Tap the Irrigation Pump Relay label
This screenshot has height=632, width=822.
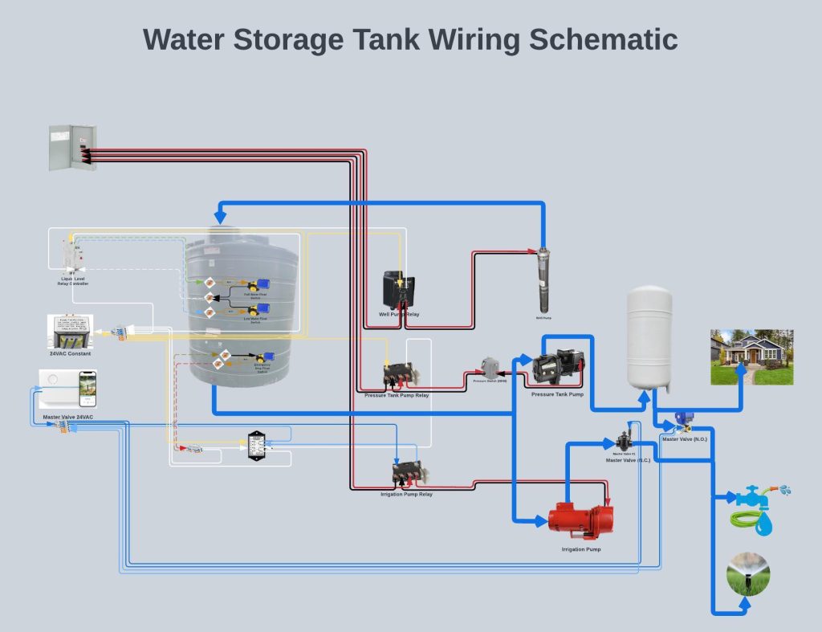click(406, 495)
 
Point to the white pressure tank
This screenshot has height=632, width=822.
click(649, 337)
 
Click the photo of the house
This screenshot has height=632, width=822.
click(751, 357)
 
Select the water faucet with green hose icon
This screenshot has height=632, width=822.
click(759, 508)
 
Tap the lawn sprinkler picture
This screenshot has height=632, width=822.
click(747, 575)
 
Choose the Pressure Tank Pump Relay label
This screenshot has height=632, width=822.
click(397, 396)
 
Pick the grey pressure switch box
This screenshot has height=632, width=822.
click(489, 369)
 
